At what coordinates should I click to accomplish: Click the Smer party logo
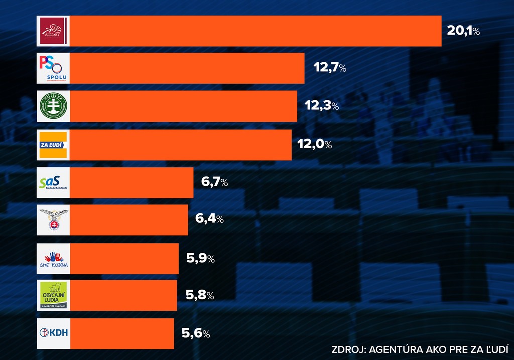(x=53, y=31)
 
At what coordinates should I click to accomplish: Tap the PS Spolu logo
(x=53, y=69)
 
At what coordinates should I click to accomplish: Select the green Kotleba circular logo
(x=53, y=106)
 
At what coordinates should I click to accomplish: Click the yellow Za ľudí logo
(x=53, y=145)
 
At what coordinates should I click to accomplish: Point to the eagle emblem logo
(x=53, y=220)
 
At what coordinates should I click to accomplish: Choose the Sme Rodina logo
(x=53, y=259)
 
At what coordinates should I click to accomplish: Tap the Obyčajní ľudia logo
(x=53, y=295)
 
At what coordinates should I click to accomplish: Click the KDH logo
(x=53, y=333)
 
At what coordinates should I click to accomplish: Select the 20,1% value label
(x=463, y=31)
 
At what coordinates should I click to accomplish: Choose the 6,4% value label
(x=209, y=219)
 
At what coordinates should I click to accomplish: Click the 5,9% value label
(x=200, y=259)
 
